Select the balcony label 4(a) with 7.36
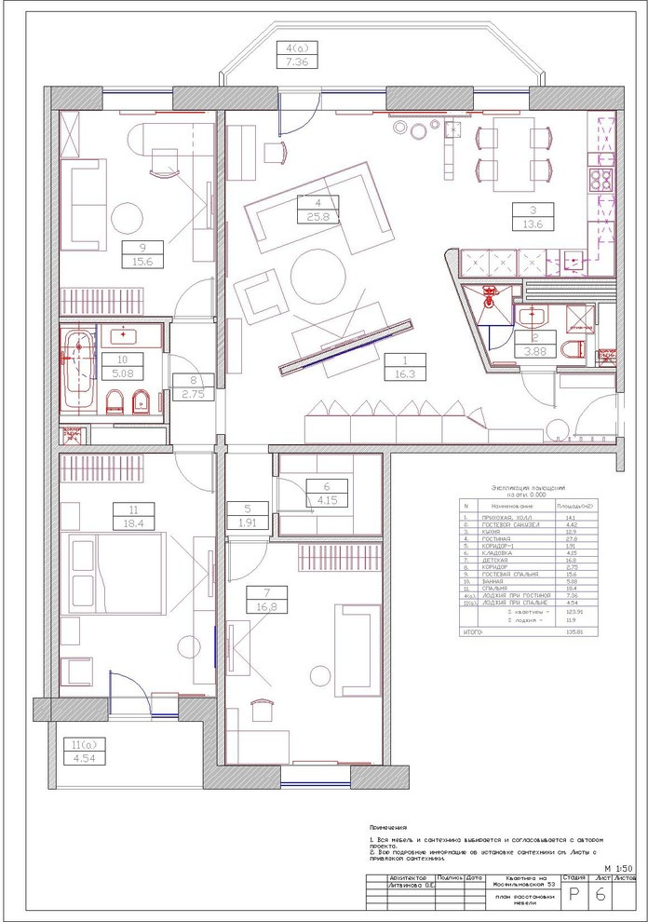click(293, 61)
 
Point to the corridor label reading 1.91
click(248, 522)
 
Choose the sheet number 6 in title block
click(601, 896)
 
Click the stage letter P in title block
click(574, 896)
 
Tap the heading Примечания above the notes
click(388, 827)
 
